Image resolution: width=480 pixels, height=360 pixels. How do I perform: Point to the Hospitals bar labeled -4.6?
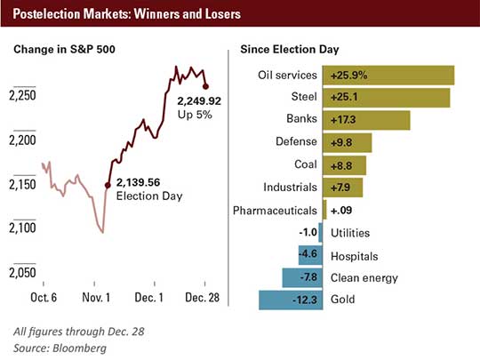(x=308, y=255)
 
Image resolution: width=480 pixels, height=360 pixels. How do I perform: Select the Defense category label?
(x=294, y=142)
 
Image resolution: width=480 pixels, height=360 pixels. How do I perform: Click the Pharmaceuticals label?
(x=275, y=211)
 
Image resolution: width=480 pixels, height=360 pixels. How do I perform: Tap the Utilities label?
(x=350, y=233)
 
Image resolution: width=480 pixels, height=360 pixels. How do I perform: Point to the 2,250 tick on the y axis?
(x=24, y=95)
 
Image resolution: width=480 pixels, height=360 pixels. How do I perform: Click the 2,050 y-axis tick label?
(x=24, y=271)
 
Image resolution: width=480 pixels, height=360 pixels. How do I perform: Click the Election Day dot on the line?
(x=108, y=185)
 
